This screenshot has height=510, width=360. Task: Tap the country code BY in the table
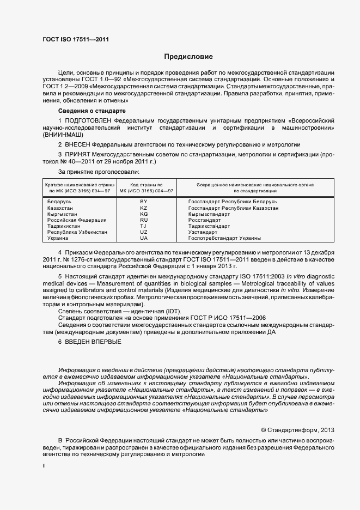(144, 202)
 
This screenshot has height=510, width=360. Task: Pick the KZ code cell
(144, 209)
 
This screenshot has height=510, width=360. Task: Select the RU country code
(144, 220)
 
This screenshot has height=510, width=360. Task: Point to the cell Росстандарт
(204, 220)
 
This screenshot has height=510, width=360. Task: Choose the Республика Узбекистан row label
(77, 232)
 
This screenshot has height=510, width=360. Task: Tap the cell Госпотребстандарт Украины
(224, 238)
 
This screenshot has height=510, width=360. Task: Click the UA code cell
(144, 238)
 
